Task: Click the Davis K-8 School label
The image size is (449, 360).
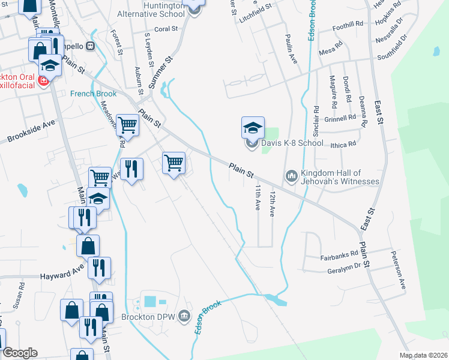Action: [292, 143]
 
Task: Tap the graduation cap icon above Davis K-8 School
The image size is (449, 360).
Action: [253, 127]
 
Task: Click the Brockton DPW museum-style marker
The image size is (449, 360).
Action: [184, 315]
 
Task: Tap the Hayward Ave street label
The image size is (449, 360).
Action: [62, 275]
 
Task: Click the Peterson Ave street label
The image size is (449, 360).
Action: [399, 271]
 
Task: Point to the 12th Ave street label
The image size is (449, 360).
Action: [272, 205]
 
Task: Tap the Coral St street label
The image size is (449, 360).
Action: [166, 28]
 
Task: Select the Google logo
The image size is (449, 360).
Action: [20, 353]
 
